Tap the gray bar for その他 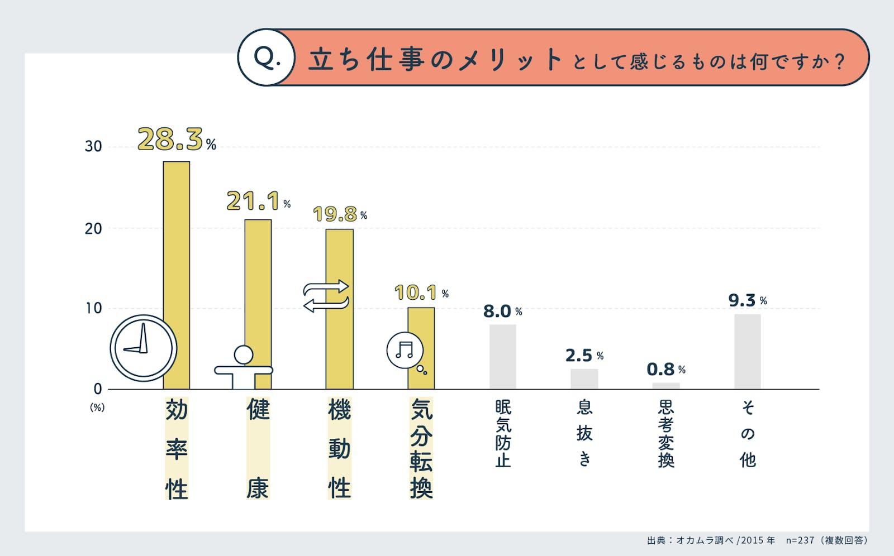(x=748, y=351)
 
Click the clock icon (x=144, y=348)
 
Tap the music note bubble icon (x=405, y=351)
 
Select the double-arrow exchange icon (x=326, y=296)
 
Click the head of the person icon (x=244, y=354)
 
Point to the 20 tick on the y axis (x=93, y=228)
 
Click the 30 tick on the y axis (x=93, y=146)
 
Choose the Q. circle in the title (x=267, y=57)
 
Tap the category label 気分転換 (x=421, y=448)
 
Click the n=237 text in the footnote (x=800, y=540)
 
